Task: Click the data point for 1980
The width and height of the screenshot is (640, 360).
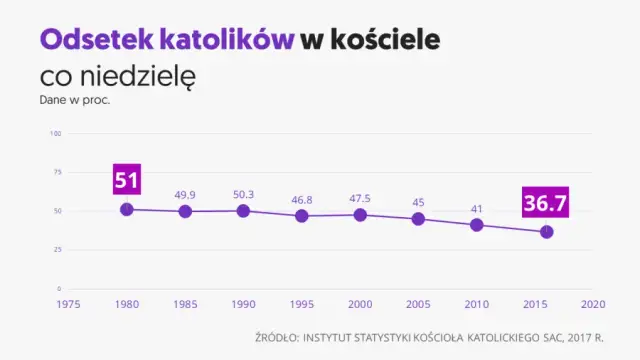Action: click(126, 209)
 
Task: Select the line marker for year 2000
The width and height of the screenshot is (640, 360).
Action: click(360, 215)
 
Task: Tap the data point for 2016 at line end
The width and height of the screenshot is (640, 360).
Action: click(546, 232)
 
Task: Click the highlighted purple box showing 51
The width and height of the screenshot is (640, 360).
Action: click(126, 181)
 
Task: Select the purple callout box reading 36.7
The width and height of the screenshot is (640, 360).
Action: click(545, 204)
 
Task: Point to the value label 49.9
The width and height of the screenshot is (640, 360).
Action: click(185, 194)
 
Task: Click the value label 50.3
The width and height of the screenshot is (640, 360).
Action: click(243, 194)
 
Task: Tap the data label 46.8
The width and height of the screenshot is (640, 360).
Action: click(301, 199)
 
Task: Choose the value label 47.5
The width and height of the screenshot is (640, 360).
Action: click(360, 198)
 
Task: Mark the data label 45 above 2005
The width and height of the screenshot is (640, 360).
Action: click(418, 202)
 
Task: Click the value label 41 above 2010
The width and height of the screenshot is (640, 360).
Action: click(476, 208)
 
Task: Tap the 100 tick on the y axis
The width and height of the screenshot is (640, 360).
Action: click(56, 133)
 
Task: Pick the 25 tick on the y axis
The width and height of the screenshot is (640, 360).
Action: click(58, 249)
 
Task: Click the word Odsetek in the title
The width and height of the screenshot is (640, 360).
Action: click(95, 40)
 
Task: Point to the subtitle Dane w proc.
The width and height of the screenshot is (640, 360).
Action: click(74, 100)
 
